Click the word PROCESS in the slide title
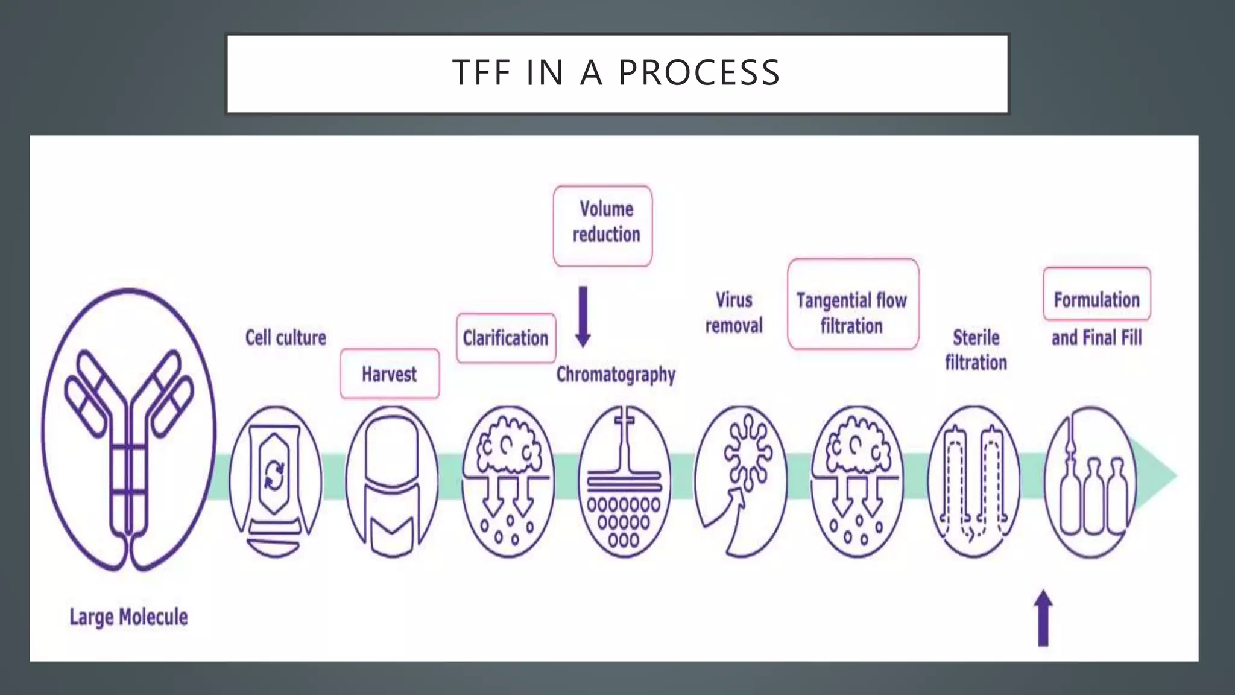tap(700, 73)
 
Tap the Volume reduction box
tap(603, 226)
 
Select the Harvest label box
tap(390, 374)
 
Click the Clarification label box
tap(506, 338)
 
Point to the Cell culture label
tap(285, 337)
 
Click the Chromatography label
tap(616, 375)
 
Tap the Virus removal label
tap(734, 313)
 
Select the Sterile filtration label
tap(976, 350)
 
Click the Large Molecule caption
tap(128, 617)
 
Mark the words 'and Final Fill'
tap(1096, 338)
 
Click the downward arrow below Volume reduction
tap(583, 317)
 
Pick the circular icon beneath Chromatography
tap(624, 481)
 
